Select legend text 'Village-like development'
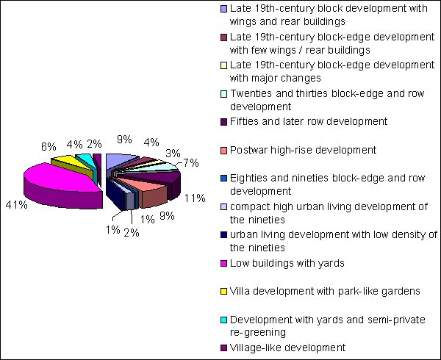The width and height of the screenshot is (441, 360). (x=287, y=348)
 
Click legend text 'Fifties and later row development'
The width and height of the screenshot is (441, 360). (x=309, y=121)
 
